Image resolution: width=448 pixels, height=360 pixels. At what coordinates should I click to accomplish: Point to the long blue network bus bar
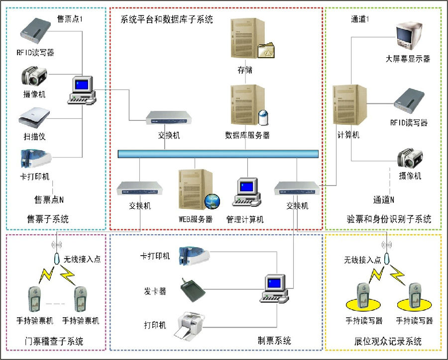pyautogui.click(x=218, y=154)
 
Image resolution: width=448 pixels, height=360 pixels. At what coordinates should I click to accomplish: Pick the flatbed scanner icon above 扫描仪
pyautogui.click(x=34, y=118)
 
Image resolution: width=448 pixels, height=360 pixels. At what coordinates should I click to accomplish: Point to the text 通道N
pyautogui.click(x=384, y=200)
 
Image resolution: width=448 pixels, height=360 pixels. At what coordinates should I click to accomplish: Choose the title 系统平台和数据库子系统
pyautogui.click(x=167, y=19)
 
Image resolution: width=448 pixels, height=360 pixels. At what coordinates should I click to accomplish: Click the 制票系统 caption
pyautogui.click(x=274, y=341)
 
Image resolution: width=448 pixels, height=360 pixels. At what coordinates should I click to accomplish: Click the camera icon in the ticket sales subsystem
pyautogui.click(x=34, y=78)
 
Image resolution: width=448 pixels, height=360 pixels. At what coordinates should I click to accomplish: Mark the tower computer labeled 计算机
pyautogui.click(x=349, y=106)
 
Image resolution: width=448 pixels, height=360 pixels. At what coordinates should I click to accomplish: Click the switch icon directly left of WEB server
pyautogui.click(x=140, y=189)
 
